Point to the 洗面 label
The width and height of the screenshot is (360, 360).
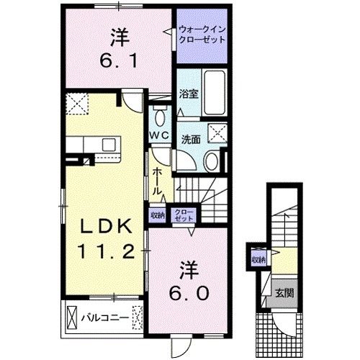pos(191,139)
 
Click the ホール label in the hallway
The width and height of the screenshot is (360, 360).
pos(157,181)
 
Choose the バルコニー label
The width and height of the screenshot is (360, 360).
pos(109,316)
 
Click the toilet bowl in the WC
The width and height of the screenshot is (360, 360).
pos(160,117)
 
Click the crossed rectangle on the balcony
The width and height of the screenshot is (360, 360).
pos(71,317)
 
